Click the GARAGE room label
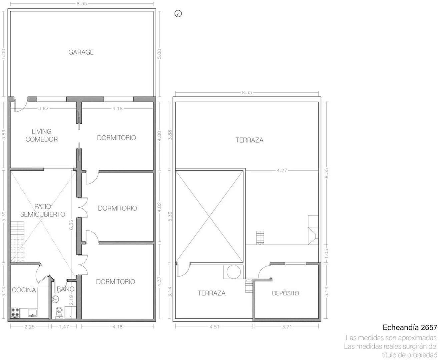tap(81, 52)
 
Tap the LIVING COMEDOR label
tap(42, 135)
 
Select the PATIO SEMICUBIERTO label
tap(43, 210)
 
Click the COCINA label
tap(24, 290)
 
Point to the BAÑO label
tap(65, 289)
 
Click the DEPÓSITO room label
tap(285, 293)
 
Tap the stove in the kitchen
tap(15, 312)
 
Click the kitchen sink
tap(32, 313)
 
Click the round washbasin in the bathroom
tap(55, 299)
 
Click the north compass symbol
tap(178, 14)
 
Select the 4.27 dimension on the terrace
tap(282, 170)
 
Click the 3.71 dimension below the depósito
tap(287, 327)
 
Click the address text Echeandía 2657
tap(410, 327)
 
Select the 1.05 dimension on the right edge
tap(326, 252)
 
